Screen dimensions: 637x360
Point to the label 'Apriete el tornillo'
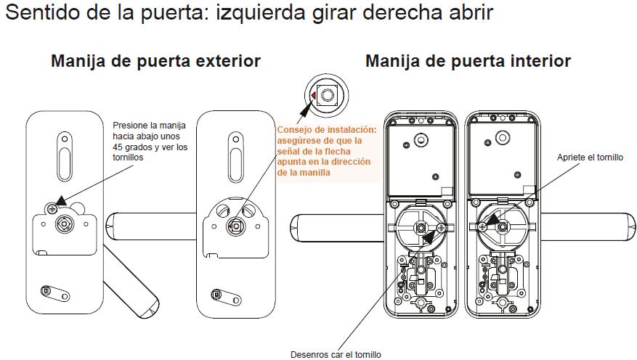click(x=590, y=157)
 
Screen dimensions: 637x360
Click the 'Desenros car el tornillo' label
click(x=336, y=355)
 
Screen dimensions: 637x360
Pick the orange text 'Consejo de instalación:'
click(x=327, y=130)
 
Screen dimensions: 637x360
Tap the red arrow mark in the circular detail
click(x=313, y=95)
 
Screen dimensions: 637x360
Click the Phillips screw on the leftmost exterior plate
click(x=52, y=208)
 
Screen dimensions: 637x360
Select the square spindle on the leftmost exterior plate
click(x=64, y=224)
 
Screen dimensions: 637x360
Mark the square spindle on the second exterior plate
click(x=235, y=226)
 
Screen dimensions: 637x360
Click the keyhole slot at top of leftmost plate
click(x=65, y=156)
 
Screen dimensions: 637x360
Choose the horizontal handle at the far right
click(x=588, y=226)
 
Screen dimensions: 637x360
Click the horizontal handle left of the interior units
click(x=338, y=228)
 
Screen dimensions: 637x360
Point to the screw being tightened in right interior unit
click(x=482, y=227)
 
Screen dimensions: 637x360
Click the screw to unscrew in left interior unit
click(x=441, y=228)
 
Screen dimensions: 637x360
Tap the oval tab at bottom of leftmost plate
click(x=55, y=293)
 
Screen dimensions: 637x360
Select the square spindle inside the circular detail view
click(x=326, y=95)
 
